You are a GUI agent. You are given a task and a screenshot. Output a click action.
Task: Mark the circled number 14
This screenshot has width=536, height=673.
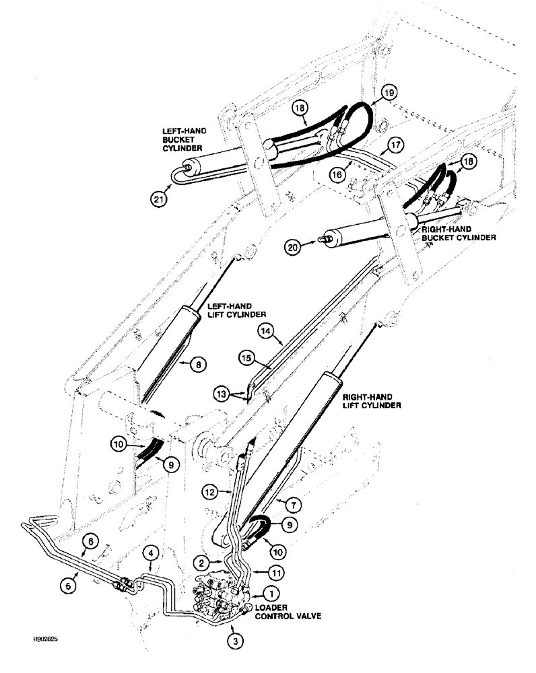click(265, 330)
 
